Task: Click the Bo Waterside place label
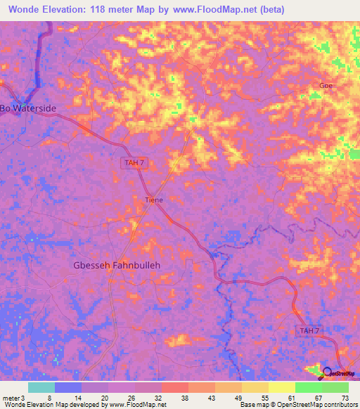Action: (x=28, y=108)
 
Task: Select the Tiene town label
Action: (x=153, y=200)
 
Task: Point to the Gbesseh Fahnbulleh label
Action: (x=117, y=266)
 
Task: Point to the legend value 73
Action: (x=345, y=397)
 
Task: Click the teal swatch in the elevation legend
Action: (x=41, y=387)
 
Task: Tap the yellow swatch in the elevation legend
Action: (x=281, y=387)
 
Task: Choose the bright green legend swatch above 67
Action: (x=308, y=387)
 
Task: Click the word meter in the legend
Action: (x=12, y=397)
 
